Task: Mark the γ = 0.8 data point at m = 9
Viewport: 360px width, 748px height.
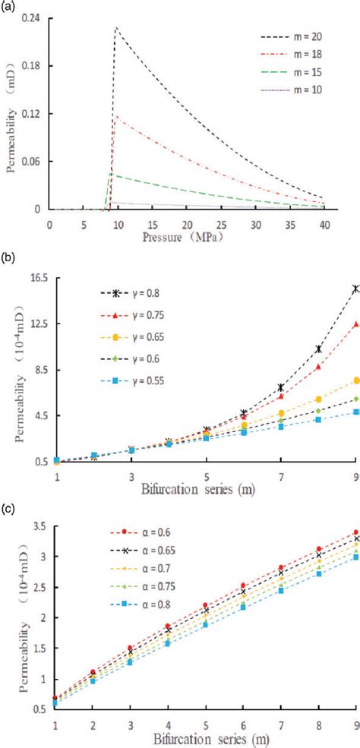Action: pyautogui.click(x=355, y=289)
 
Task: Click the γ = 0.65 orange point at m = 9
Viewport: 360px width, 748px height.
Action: pyautogui.click(x=355, y=380)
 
